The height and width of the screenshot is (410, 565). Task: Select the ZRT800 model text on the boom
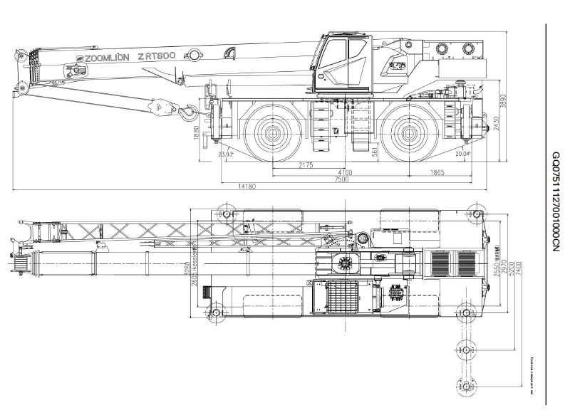(157, 55)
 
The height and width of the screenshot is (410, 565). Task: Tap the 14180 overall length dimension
(247, 186)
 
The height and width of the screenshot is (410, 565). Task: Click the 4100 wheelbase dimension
(345, 172)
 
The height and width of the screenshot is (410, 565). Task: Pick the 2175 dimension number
(306, 165)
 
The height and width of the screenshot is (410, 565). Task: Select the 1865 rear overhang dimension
(437, 172)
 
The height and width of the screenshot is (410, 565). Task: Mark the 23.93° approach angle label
(227, 154)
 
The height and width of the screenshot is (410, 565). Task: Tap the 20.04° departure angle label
(463, 154)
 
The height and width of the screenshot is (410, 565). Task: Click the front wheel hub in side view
(273, 132)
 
